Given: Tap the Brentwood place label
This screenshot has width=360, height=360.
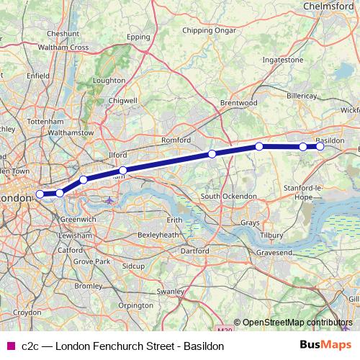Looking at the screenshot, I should tap(239, 103).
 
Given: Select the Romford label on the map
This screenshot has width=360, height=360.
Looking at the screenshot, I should tap(176, 139).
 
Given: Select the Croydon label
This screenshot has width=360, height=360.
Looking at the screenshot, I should tap(28, 313).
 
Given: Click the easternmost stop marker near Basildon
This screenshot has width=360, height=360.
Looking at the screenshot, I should tap(320, 147).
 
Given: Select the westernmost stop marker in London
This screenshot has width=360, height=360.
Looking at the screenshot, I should tap(40, 194).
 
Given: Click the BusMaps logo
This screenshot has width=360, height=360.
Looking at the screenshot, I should tap(325, 346).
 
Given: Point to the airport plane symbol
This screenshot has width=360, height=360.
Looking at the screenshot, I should tap(109, 200).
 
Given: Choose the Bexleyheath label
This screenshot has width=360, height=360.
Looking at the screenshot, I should tap(158, 235).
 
